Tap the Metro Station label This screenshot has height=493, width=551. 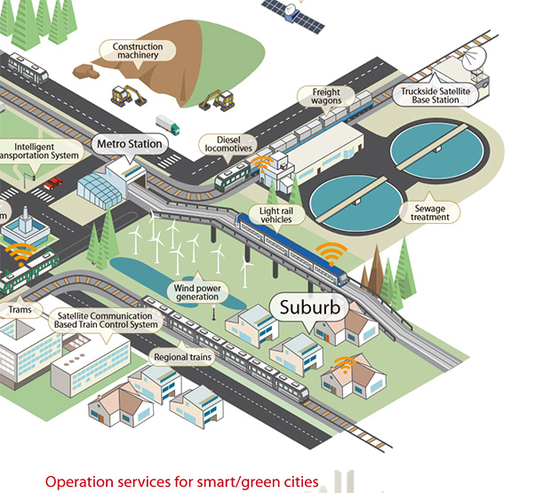[x=130, y=143]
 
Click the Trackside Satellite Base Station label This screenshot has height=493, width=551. [x=435, y=95]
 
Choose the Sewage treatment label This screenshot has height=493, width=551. [x=430, y=211]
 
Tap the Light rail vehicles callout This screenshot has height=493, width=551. [x=276, y=214]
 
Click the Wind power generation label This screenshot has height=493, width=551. [x=196, y=292]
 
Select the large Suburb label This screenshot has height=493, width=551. [x=310, y=308]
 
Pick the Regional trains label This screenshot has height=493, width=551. [x=182, y=357]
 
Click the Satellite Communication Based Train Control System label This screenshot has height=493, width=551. [x=106, y=320]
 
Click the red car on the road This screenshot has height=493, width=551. [x=53, y=183]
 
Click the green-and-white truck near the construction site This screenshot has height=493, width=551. [x=167, y=124]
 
